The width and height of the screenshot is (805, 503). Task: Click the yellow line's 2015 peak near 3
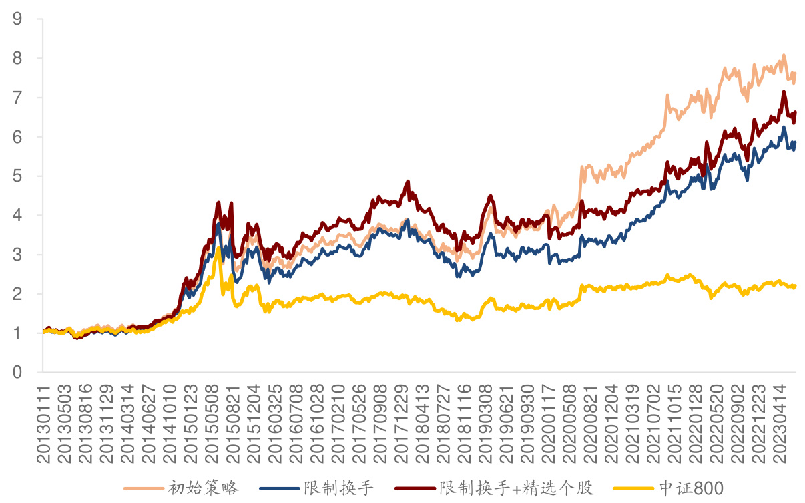click(218, 248)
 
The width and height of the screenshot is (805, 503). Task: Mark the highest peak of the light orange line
click(784, 55)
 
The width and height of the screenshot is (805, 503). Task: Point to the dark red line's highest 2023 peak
click(784, 92)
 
